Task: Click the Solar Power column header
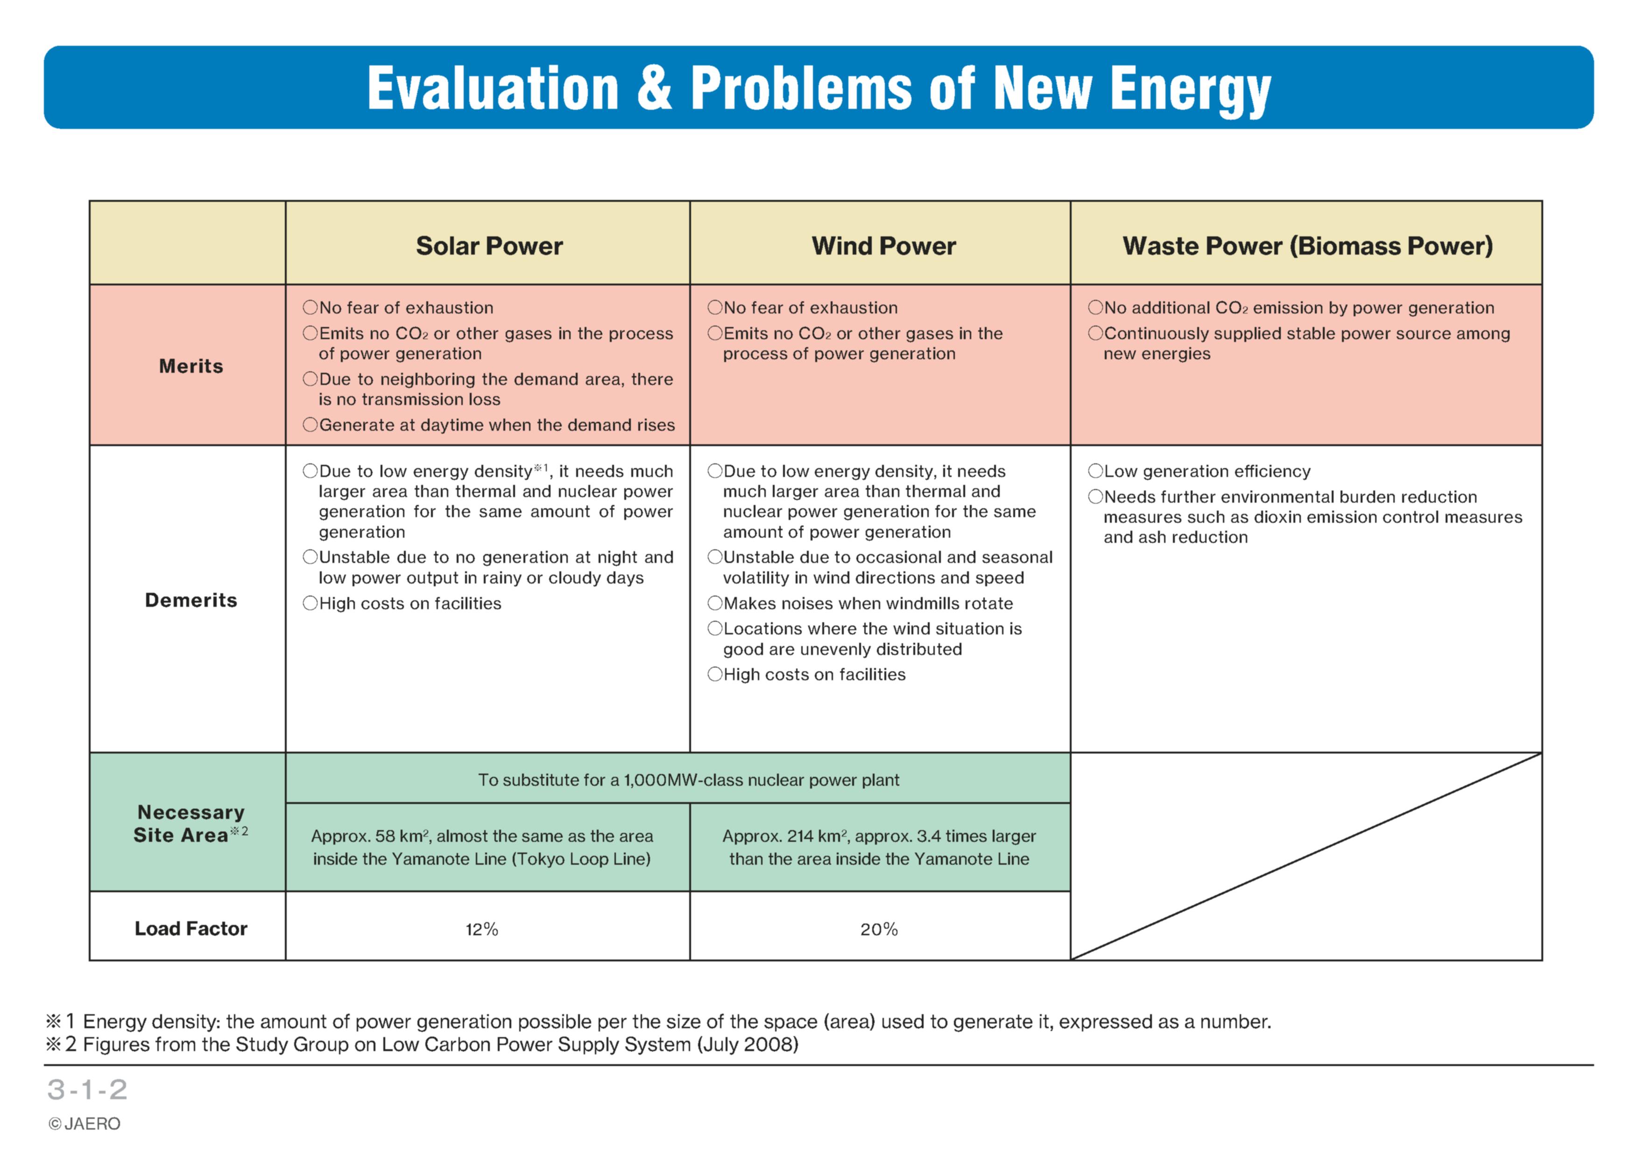(489, 246)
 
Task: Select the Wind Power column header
(883, 246)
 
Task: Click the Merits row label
(191, 366)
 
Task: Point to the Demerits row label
(191, 600)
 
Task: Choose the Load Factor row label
(191, 929)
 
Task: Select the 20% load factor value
(879, 929)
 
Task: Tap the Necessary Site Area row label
(191, 824)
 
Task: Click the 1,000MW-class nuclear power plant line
(688, 780)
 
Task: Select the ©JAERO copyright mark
(84, 1124)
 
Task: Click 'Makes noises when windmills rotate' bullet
(861, 603)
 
